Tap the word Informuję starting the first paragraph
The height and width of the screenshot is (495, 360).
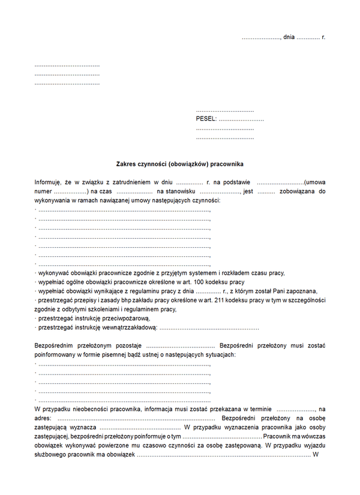(48, 182)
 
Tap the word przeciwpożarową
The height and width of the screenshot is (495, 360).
(123, 318)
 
